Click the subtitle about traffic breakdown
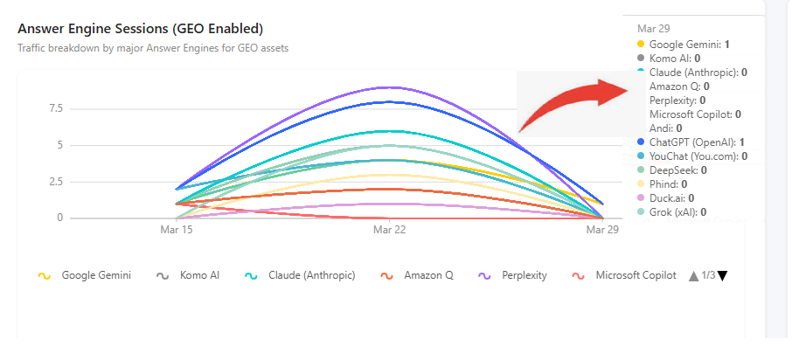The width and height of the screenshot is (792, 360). (x=153, y=48)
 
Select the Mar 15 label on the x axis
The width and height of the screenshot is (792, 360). (x=177, y=230)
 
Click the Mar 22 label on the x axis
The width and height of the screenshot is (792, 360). (x=389, y=230)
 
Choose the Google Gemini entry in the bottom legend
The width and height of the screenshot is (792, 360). (x=84, y=276)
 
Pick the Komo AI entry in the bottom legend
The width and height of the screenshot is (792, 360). (x=188, y=276)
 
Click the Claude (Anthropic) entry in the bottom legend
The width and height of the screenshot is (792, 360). (x=300, y=276)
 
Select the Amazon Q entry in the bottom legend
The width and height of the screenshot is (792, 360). (x=417, y=276)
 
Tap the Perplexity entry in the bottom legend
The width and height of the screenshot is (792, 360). (x=512, y=276)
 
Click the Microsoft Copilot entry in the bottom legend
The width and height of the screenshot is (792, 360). (x=624, y=276)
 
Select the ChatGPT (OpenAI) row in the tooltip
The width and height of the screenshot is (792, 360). (x=692, y=142)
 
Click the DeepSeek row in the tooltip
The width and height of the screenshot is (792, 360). (x=672, y=170)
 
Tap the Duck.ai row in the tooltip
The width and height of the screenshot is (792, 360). (x=666, y=198)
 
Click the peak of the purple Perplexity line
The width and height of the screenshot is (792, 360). (x=389, y=87)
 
